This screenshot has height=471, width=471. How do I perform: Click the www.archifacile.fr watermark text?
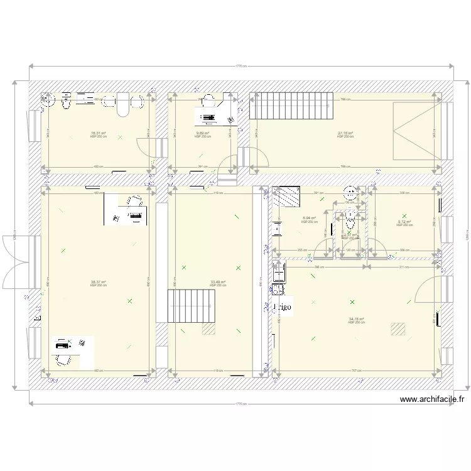tap(432, 399)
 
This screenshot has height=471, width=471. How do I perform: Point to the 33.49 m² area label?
tap(218, 282)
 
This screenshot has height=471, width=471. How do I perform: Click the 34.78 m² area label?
tap(356, 319)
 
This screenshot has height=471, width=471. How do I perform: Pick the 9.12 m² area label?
tap(404, 221)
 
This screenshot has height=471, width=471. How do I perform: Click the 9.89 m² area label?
tap(202, 133)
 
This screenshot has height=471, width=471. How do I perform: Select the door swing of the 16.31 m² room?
tap(148, 148)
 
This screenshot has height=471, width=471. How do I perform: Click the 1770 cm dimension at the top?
tap(240, 65)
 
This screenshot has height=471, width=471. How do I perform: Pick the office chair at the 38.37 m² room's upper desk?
tap(134, 201)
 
